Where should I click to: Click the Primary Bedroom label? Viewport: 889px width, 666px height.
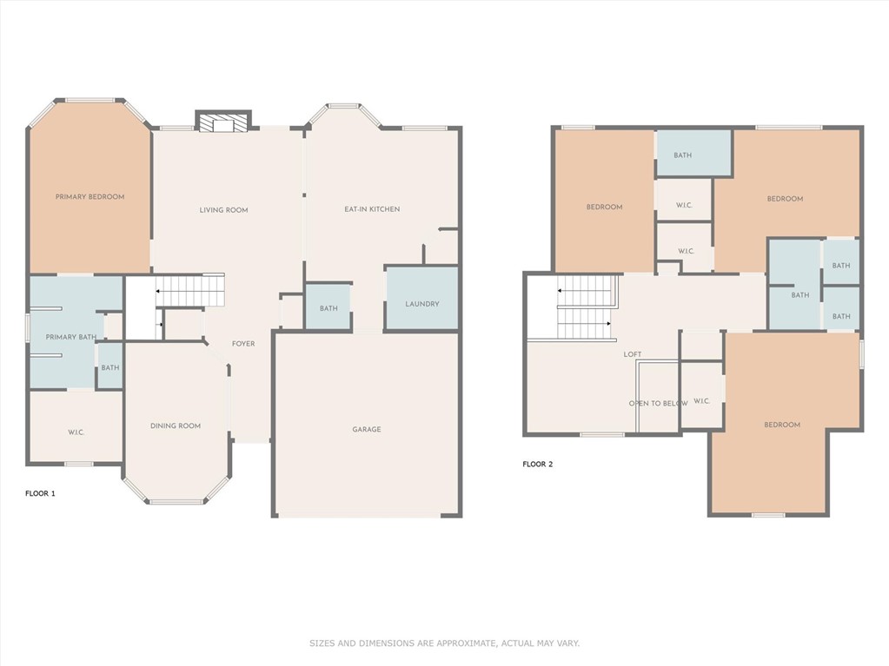pyautogui.click(x=90, y=196)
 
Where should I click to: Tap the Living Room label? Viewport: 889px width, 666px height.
pyautogui.click(x=223, y=209)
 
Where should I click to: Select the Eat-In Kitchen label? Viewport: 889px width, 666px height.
pyautogui.click(x=372, y=209)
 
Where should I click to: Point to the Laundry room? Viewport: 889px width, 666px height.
pyautogui.click(x=421, y=298)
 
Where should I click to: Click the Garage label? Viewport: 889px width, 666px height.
pyautogui.click(x=366, y=429)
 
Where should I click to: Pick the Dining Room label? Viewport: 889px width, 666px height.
pyautogui.click(x=176, y=425)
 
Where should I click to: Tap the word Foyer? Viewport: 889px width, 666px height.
pyautogui.click(x=243, y=343)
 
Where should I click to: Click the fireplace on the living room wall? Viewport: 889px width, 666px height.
pyautogui.click(x=223, y=122)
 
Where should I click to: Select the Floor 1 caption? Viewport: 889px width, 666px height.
pyautogui.click(x=40, y=493)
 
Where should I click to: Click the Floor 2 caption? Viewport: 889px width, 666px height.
pyautogui.click(x=537, y=464)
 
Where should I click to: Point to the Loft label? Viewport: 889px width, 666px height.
pyautogui.click(x=633, y=354)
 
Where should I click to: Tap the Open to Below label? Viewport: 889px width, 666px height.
pyautogui.click(x=658, y=403)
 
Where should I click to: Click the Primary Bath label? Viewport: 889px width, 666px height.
pyautogui.click(x=71, y=337)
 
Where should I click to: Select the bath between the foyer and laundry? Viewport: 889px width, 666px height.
pyautogui.click(x=328, y=307)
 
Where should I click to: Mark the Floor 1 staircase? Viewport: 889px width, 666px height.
pyautogui.click(x=190, y=291)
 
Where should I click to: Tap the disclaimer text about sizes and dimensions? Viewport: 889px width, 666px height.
pyautogui.click(x=445, y=643)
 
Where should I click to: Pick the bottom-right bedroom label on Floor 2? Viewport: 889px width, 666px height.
pyautogui.click(x=782, y=425)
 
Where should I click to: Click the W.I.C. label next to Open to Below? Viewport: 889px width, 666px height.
pyautogui.click(x=701, y=401)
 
